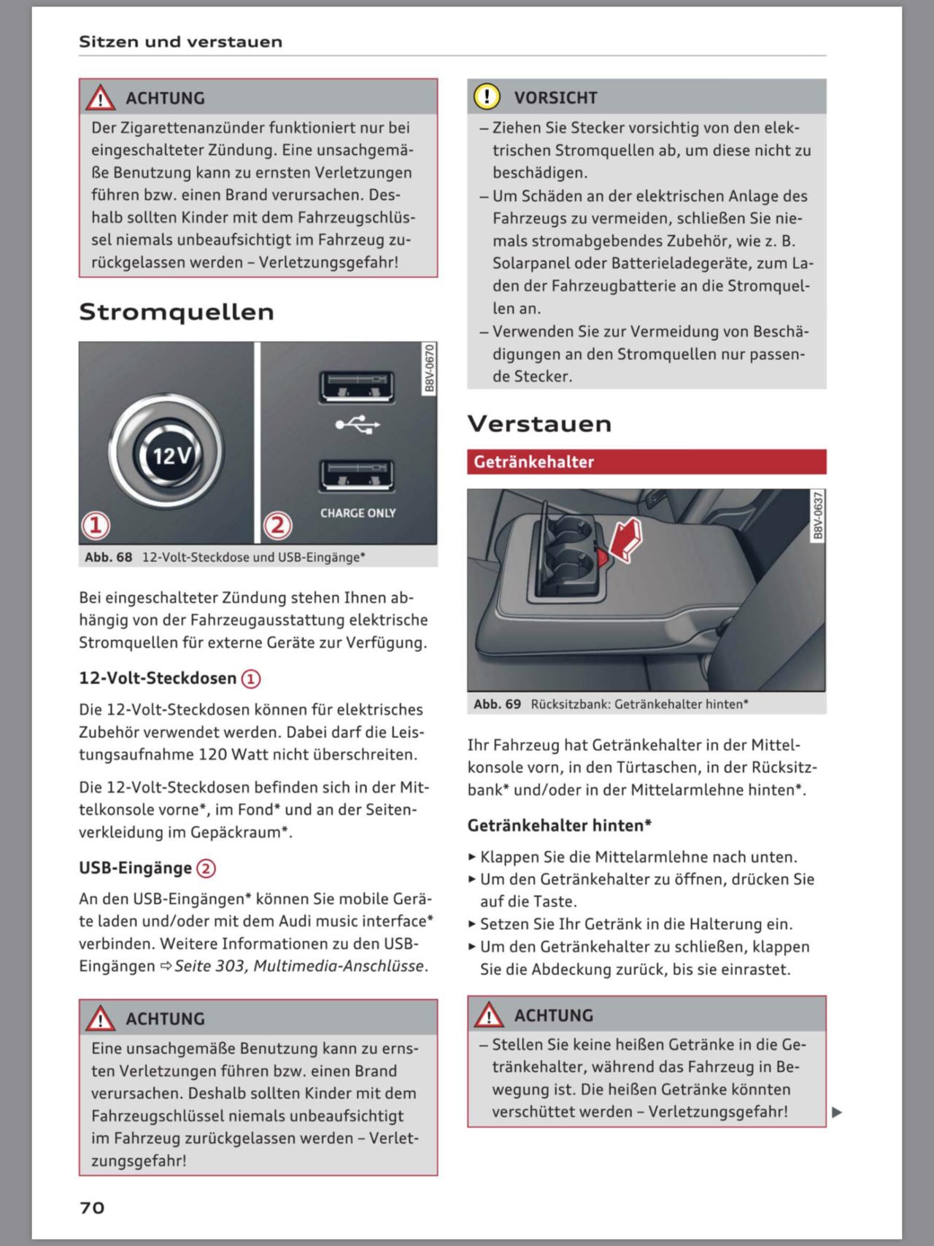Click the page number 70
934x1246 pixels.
pos(92,1207)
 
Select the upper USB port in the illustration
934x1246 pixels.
pos(357,386)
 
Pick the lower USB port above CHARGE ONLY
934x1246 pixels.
pos(357,476)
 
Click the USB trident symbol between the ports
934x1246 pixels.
pos(358,425)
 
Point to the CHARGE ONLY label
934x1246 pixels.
pos(358,513)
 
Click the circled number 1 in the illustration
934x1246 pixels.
pos(96,525)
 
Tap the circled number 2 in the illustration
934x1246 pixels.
pos(277,525)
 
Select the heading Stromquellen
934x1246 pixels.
pos(177,312)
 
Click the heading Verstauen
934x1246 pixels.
pos(539,423)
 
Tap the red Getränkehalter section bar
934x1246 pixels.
pos(646,461)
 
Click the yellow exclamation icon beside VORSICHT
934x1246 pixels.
pos(487,96)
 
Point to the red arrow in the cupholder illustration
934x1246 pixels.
pos(625,541)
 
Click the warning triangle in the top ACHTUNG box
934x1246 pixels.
pos(100,98)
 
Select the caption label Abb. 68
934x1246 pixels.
pos(109,557)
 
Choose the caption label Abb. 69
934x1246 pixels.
pos(497,704)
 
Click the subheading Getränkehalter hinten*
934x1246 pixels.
pos(559,826)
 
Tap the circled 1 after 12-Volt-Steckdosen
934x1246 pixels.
pos(251,679)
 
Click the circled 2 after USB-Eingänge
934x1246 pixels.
pos(207,869)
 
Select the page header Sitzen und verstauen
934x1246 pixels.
pos(180,42)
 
